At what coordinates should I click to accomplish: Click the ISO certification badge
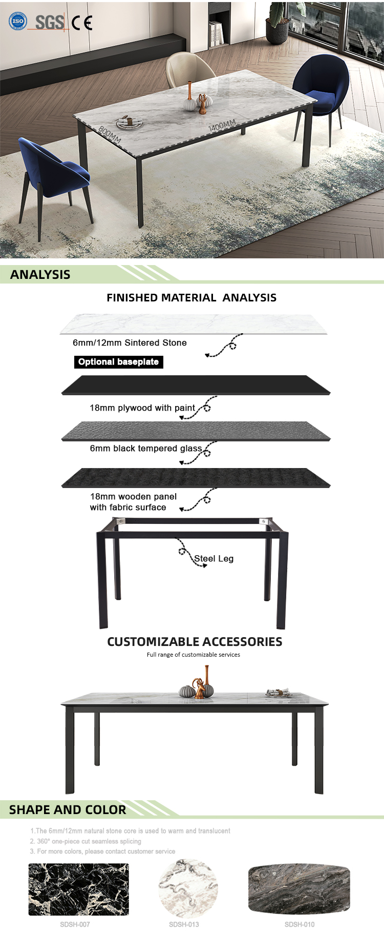[18, 21]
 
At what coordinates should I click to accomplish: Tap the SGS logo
[49, 22]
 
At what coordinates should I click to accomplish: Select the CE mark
[82, 23]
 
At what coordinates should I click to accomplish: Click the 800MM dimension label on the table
[110, 135]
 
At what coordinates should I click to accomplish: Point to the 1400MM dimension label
[222, 125]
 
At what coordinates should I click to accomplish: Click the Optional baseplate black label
[118, 362]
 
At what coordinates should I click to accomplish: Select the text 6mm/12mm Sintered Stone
[130, 342]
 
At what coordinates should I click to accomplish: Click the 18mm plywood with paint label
[142, 408]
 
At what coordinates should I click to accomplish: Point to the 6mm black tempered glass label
[146, 449]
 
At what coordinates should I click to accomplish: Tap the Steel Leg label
[214, 558]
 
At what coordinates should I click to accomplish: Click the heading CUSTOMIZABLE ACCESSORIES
[195, 642]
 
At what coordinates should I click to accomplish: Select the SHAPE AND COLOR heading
[68, 809]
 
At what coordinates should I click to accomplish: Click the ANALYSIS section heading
[40, 274]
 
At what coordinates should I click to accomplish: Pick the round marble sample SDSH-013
[188, 889]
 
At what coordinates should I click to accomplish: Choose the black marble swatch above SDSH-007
[78, 889]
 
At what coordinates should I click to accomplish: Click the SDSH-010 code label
[300, 924]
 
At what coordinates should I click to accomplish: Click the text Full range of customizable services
[193, 655]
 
